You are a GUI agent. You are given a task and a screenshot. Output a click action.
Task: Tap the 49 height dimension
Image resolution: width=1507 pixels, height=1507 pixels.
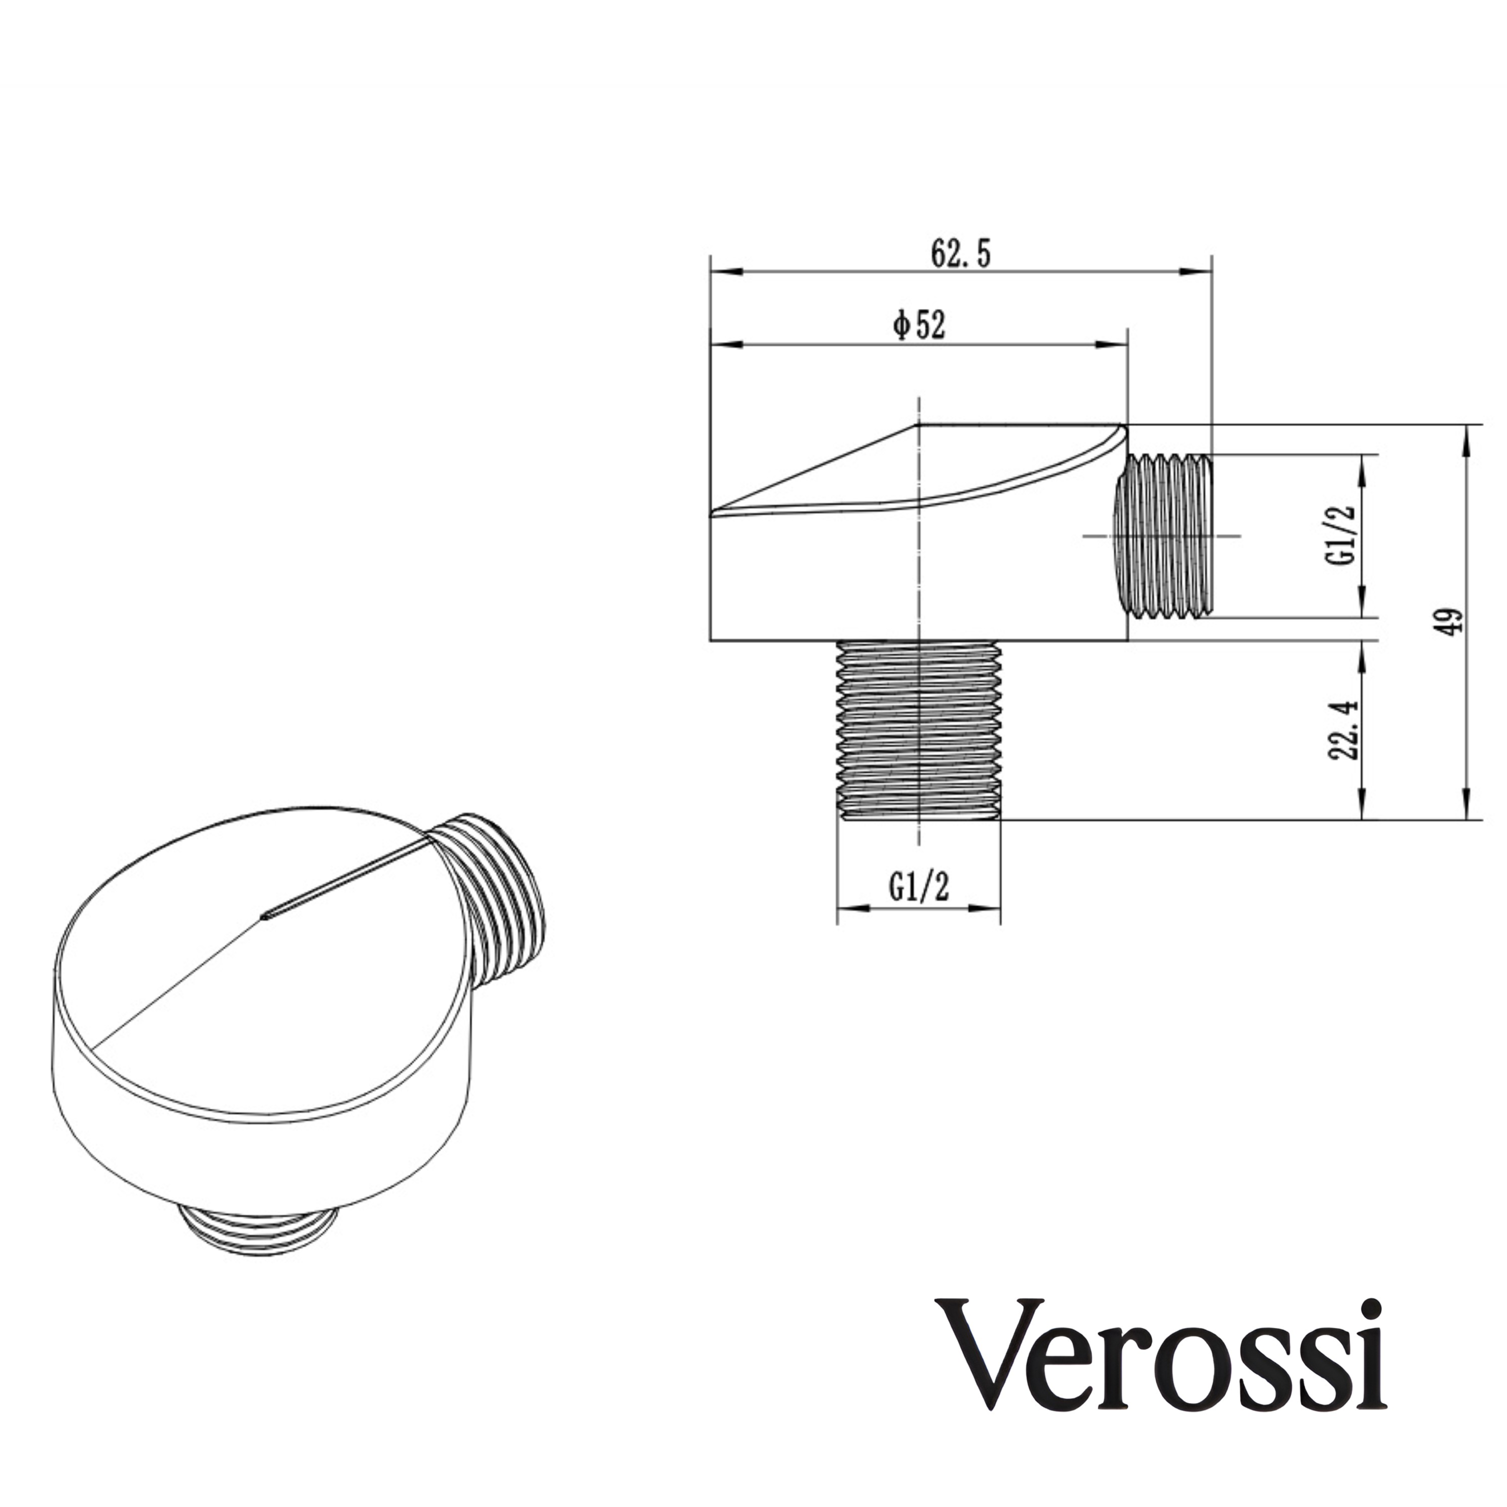(x=1450, y=622)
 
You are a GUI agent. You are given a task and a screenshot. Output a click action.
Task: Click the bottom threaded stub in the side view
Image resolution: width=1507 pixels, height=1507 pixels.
(x=918, y=729)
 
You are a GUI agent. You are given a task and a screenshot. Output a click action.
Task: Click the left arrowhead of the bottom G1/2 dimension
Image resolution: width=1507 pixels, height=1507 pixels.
(x=852, y=908)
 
